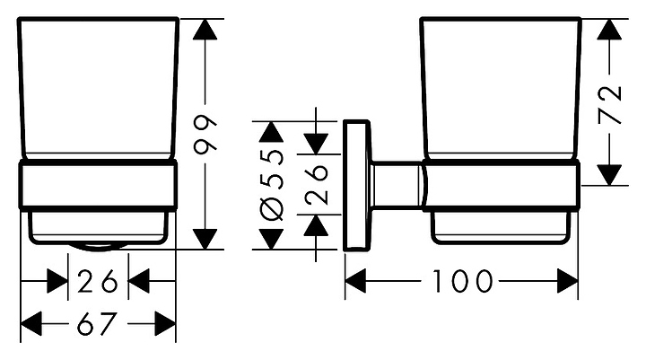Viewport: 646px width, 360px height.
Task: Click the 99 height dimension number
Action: [x=206, y=135]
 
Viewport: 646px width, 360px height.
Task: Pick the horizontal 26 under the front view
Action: [x=98, y=282]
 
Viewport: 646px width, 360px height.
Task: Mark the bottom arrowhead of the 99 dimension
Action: [x=206, y=239]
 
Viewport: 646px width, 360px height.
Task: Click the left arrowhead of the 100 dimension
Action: [x=356, y=282]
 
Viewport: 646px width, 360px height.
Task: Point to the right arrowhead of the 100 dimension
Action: [x=567, y=282]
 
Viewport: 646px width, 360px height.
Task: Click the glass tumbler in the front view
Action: [x=98, y=90]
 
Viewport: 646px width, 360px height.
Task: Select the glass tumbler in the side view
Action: [x=501, y=90]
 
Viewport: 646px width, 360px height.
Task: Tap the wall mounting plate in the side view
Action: [x=357, y=183]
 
